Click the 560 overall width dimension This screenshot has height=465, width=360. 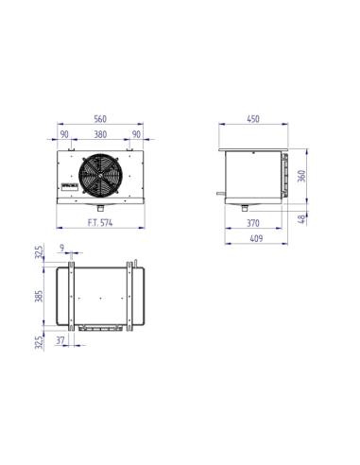101,119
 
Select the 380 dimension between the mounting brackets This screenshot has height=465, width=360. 101,134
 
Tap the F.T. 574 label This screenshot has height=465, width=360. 101,224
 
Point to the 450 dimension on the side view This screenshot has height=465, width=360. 254,119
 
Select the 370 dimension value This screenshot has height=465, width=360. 253,224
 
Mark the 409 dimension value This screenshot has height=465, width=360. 253,239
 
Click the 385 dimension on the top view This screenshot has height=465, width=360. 39,296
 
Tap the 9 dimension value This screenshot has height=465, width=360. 62,249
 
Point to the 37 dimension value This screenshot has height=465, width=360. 61,339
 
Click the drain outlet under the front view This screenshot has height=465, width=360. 101,205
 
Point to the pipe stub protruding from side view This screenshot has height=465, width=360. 219,193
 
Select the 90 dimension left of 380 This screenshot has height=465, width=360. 65,134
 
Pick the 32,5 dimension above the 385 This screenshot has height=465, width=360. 39,253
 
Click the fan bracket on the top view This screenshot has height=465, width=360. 102,328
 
